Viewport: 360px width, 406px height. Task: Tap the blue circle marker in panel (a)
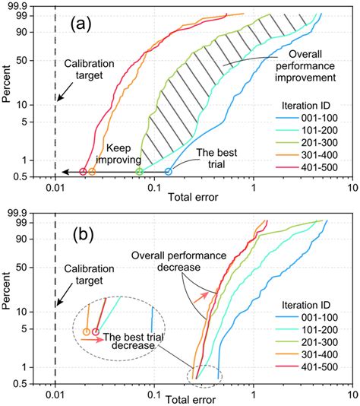point(169,172)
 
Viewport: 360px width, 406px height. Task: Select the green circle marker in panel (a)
point(140,172)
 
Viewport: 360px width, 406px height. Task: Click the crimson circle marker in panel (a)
point(83,172)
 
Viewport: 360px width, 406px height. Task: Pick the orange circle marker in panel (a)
point(92,172)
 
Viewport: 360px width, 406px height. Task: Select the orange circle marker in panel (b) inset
point(86,331)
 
